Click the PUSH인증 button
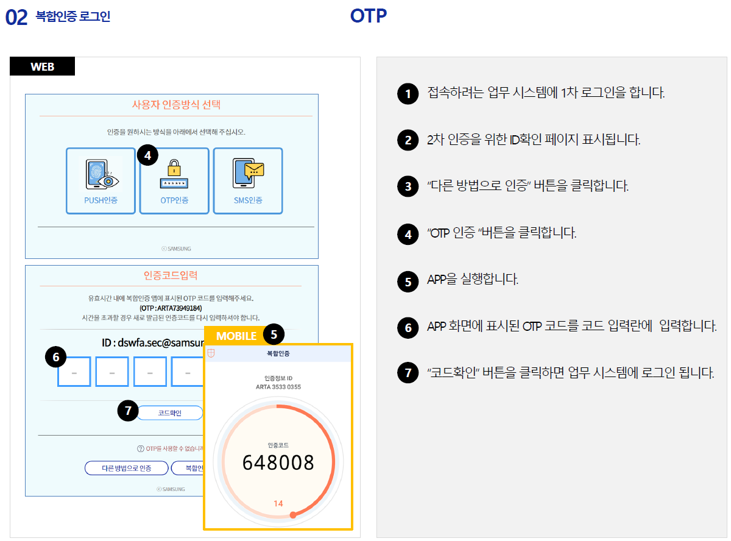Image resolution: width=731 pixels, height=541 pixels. click(101, 181)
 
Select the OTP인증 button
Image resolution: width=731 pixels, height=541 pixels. click(174, 181)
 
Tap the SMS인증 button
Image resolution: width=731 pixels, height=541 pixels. click(248, 181)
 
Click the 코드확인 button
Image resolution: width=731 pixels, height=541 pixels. click(170, 413)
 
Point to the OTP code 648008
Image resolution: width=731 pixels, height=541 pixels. click(278, 463)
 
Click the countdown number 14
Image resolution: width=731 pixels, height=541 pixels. click(278, 503)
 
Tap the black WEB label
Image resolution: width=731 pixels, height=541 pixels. click(42, 66)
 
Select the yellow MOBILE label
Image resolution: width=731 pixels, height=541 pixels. click(236, 336)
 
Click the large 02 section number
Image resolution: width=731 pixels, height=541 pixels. click(16, 18)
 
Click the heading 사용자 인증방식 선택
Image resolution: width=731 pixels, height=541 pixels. click(176, 104)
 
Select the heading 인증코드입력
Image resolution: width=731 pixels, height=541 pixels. click(171, 275)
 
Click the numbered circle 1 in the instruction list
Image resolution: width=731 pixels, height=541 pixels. click(408, 94)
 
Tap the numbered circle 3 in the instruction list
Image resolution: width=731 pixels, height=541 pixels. click(408, 186)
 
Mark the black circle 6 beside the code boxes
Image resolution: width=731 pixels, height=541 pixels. click(56, 358)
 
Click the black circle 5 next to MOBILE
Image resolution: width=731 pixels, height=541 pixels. click(274, 334)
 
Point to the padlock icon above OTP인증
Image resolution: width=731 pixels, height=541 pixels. click(174, 167)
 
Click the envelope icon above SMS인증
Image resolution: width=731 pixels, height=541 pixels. click(253, 169)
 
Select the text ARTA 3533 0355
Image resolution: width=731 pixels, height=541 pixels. click(278, 387)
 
